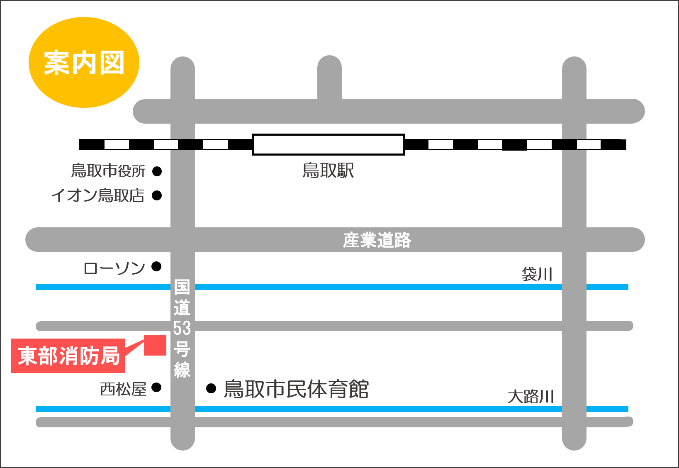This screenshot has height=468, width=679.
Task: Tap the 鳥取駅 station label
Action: tap(328, 171)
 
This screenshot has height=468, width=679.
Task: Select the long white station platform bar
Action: tap(328, 144)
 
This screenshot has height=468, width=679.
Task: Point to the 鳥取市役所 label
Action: tap(108, 171)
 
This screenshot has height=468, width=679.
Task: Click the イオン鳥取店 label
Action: tap(98, 195)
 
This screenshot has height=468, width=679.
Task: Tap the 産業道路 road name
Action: tap(377, 240)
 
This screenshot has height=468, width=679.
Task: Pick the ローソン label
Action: tap(114, 268)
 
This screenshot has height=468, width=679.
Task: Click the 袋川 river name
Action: tap(537, 274)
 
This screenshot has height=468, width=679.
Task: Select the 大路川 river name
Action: tap(531, 397)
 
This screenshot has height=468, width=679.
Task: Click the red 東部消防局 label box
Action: tap(68, 356)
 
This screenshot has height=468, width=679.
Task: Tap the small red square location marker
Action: tap(155, 345)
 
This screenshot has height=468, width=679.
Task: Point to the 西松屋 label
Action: tap(123, 389)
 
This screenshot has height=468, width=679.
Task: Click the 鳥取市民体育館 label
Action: tap(296, 389)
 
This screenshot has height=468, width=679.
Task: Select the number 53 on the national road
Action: tap(182, 328)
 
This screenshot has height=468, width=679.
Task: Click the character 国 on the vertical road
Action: tap(182, 287)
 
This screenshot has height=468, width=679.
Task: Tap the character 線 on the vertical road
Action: tap(182, 370)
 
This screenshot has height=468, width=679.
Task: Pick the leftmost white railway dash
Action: tap(117, 144)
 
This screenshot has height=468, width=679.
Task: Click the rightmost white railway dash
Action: tap(589, 144)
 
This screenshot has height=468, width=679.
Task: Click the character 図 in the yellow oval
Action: tap(112, 63)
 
